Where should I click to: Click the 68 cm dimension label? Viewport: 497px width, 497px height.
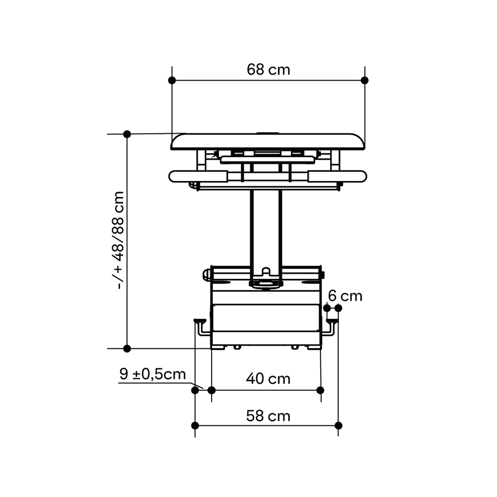click(268, 70)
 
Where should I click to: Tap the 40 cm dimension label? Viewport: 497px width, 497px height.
click(268, 379)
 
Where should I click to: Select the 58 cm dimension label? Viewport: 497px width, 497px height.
click(268, 416)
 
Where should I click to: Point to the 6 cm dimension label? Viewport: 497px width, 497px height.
click(345, 296)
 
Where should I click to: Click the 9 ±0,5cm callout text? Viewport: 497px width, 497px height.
click(153, 374)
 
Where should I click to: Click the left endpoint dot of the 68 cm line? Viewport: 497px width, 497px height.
click(172, 80)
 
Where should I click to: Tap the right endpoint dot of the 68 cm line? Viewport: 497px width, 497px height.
click(365, 80)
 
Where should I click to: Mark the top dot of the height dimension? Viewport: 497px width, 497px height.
click(127, 134)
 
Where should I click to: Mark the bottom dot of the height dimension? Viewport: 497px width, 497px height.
click(127, 348)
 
